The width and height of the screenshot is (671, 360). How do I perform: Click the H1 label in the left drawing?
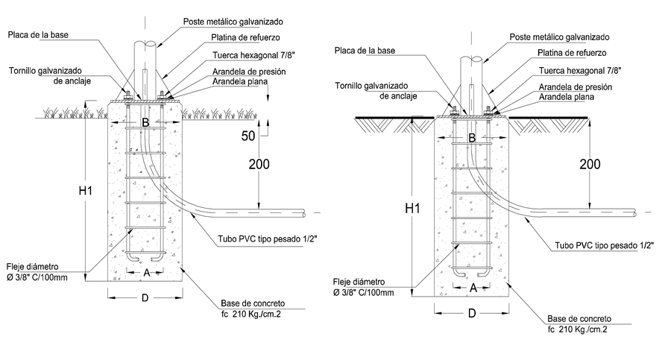click(85, 192)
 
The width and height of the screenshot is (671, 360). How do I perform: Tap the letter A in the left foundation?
click(147, 273)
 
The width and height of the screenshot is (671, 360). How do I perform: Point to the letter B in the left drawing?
click(146, 121)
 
